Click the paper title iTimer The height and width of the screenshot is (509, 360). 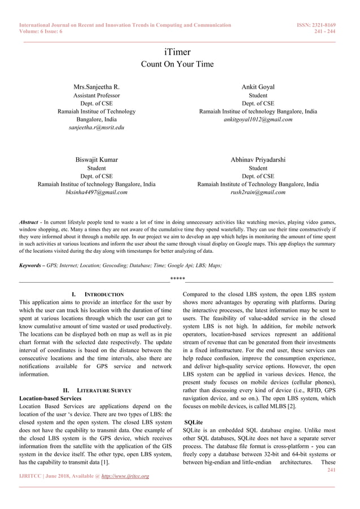(177, 52)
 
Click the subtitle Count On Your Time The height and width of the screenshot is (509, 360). (177, 64)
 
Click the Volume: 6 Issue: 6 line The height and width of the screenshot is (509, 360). (41, 32)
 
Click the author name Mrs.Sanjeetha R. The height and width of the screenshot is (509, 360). (96, 87)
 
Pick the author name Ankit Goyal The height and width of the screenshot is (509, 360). (258, 87)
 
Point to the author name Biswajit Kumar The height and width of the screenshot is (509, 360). (96, 160)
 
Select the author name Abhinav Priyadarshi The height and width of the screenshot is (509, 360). (258, 160)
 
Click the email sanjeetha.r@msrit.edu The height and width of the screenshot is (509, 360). (96, 128)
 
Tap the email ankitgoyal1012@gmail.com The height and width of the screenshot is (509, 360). (258, 120)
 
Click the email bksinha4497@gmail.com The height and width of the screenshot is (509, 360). (96, 192)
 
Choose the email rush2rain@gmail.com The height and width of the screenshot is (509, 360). (258, 192)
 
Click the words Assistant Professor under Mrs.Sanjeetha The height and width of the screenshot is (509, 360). (96, 95)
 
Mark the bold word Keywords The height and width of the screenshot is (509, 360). (32, 265)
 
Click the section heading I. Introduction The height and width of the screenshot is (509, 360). (98, 295)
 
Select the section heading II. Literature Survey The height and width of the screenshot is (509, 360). (98, 390)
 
